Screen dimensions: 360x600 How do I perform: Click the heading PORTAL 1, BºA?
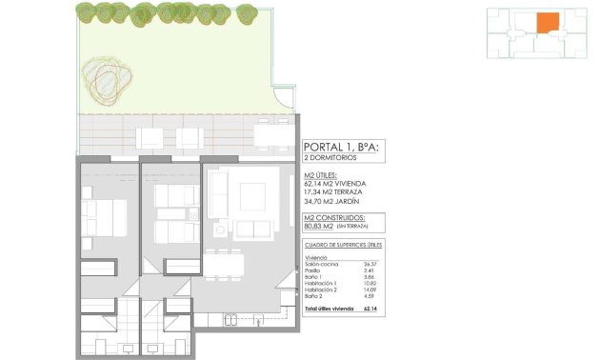tap(341, 147)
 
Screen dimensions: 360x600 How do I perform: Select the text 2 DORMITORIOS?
tap(333, 159)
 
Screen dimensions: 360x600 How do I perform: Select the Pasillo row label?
tap(312, 271)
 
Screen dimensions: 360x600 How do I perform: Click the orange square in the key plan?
tap(547, 23)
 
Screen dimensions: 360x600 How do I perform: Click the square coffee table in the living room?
tap(251, 196)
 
